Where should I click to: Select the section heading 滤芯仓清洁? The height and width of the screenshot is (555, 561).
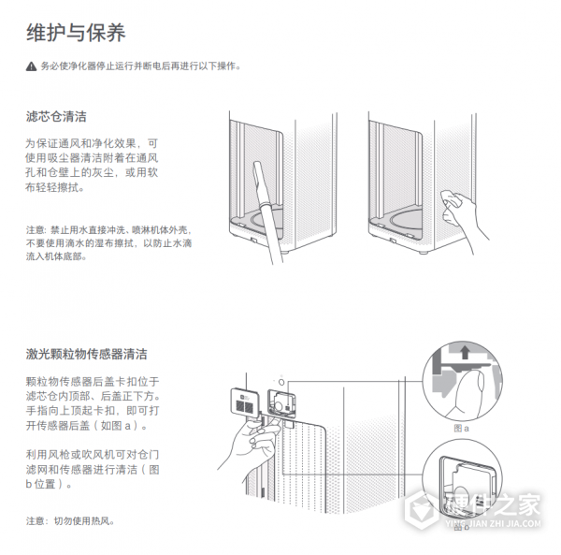pos(57,117)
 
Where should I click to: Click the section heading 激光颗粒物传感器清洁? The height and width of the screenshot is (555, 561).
pos(86,355)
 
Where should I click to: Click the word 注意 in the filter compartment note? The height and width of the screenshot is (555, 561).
pos(35,228)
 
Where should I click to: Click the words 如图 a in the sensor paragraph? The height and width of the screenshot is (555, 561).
pos(121,426)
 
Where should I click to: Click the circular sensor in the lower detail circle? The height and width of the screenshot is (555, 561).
pos(458,489)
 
